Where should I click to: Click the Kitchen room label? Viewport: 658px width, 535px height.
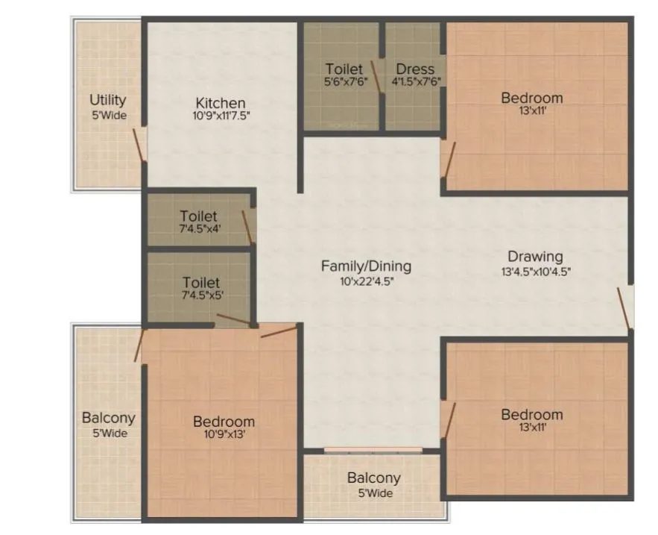click(221, 103)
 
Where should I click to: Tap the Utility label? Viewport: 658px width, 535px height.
click(108, 100)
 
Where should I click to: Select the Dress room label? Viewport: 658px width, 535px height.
click(415, 69)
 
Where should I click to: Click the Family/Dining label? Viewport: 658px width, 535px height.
click(366, 266)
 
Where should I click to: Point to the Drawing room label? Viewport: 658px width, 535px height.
click(535, 257)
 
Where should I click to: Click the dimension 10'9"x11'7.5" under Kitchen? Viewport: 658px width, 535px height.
click(221, 116)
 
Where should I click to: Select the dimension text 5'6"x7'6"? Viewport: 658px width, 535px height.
click(344, 82)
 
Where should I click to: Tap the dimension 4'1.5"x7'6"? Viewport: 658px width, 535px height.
click(415, 82)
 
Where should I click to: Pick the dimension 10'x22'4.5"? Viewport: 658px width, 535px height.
click(366, 281)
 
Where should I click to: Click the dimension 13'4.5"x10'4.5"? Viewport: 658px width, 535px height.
click(536, 272)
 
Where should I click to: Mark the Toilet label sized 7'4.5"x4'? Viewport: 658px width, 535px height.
click(199, 217)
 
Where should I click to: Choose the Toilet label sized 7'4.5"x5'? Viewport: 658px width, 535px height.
click(201, 283)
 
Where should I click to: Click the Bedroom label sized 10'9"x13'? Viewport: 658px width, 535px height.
click(224, 422)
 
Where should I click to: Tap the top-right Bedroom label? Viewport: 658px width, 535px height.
click(531, 98)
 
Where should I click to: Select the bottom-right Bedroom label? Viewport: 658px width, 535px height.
click(531, 415)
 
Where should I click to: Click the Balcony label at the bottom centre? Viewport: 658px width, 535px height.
click(373, 478)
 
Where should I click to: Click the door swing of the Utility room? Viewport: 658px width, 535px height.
click(139, 144)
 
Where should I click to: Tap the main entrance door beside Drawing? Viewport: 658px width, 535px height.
click(624, 307)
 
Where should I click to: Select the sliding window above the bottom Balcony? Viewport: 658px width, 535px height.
click(373, 450)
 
